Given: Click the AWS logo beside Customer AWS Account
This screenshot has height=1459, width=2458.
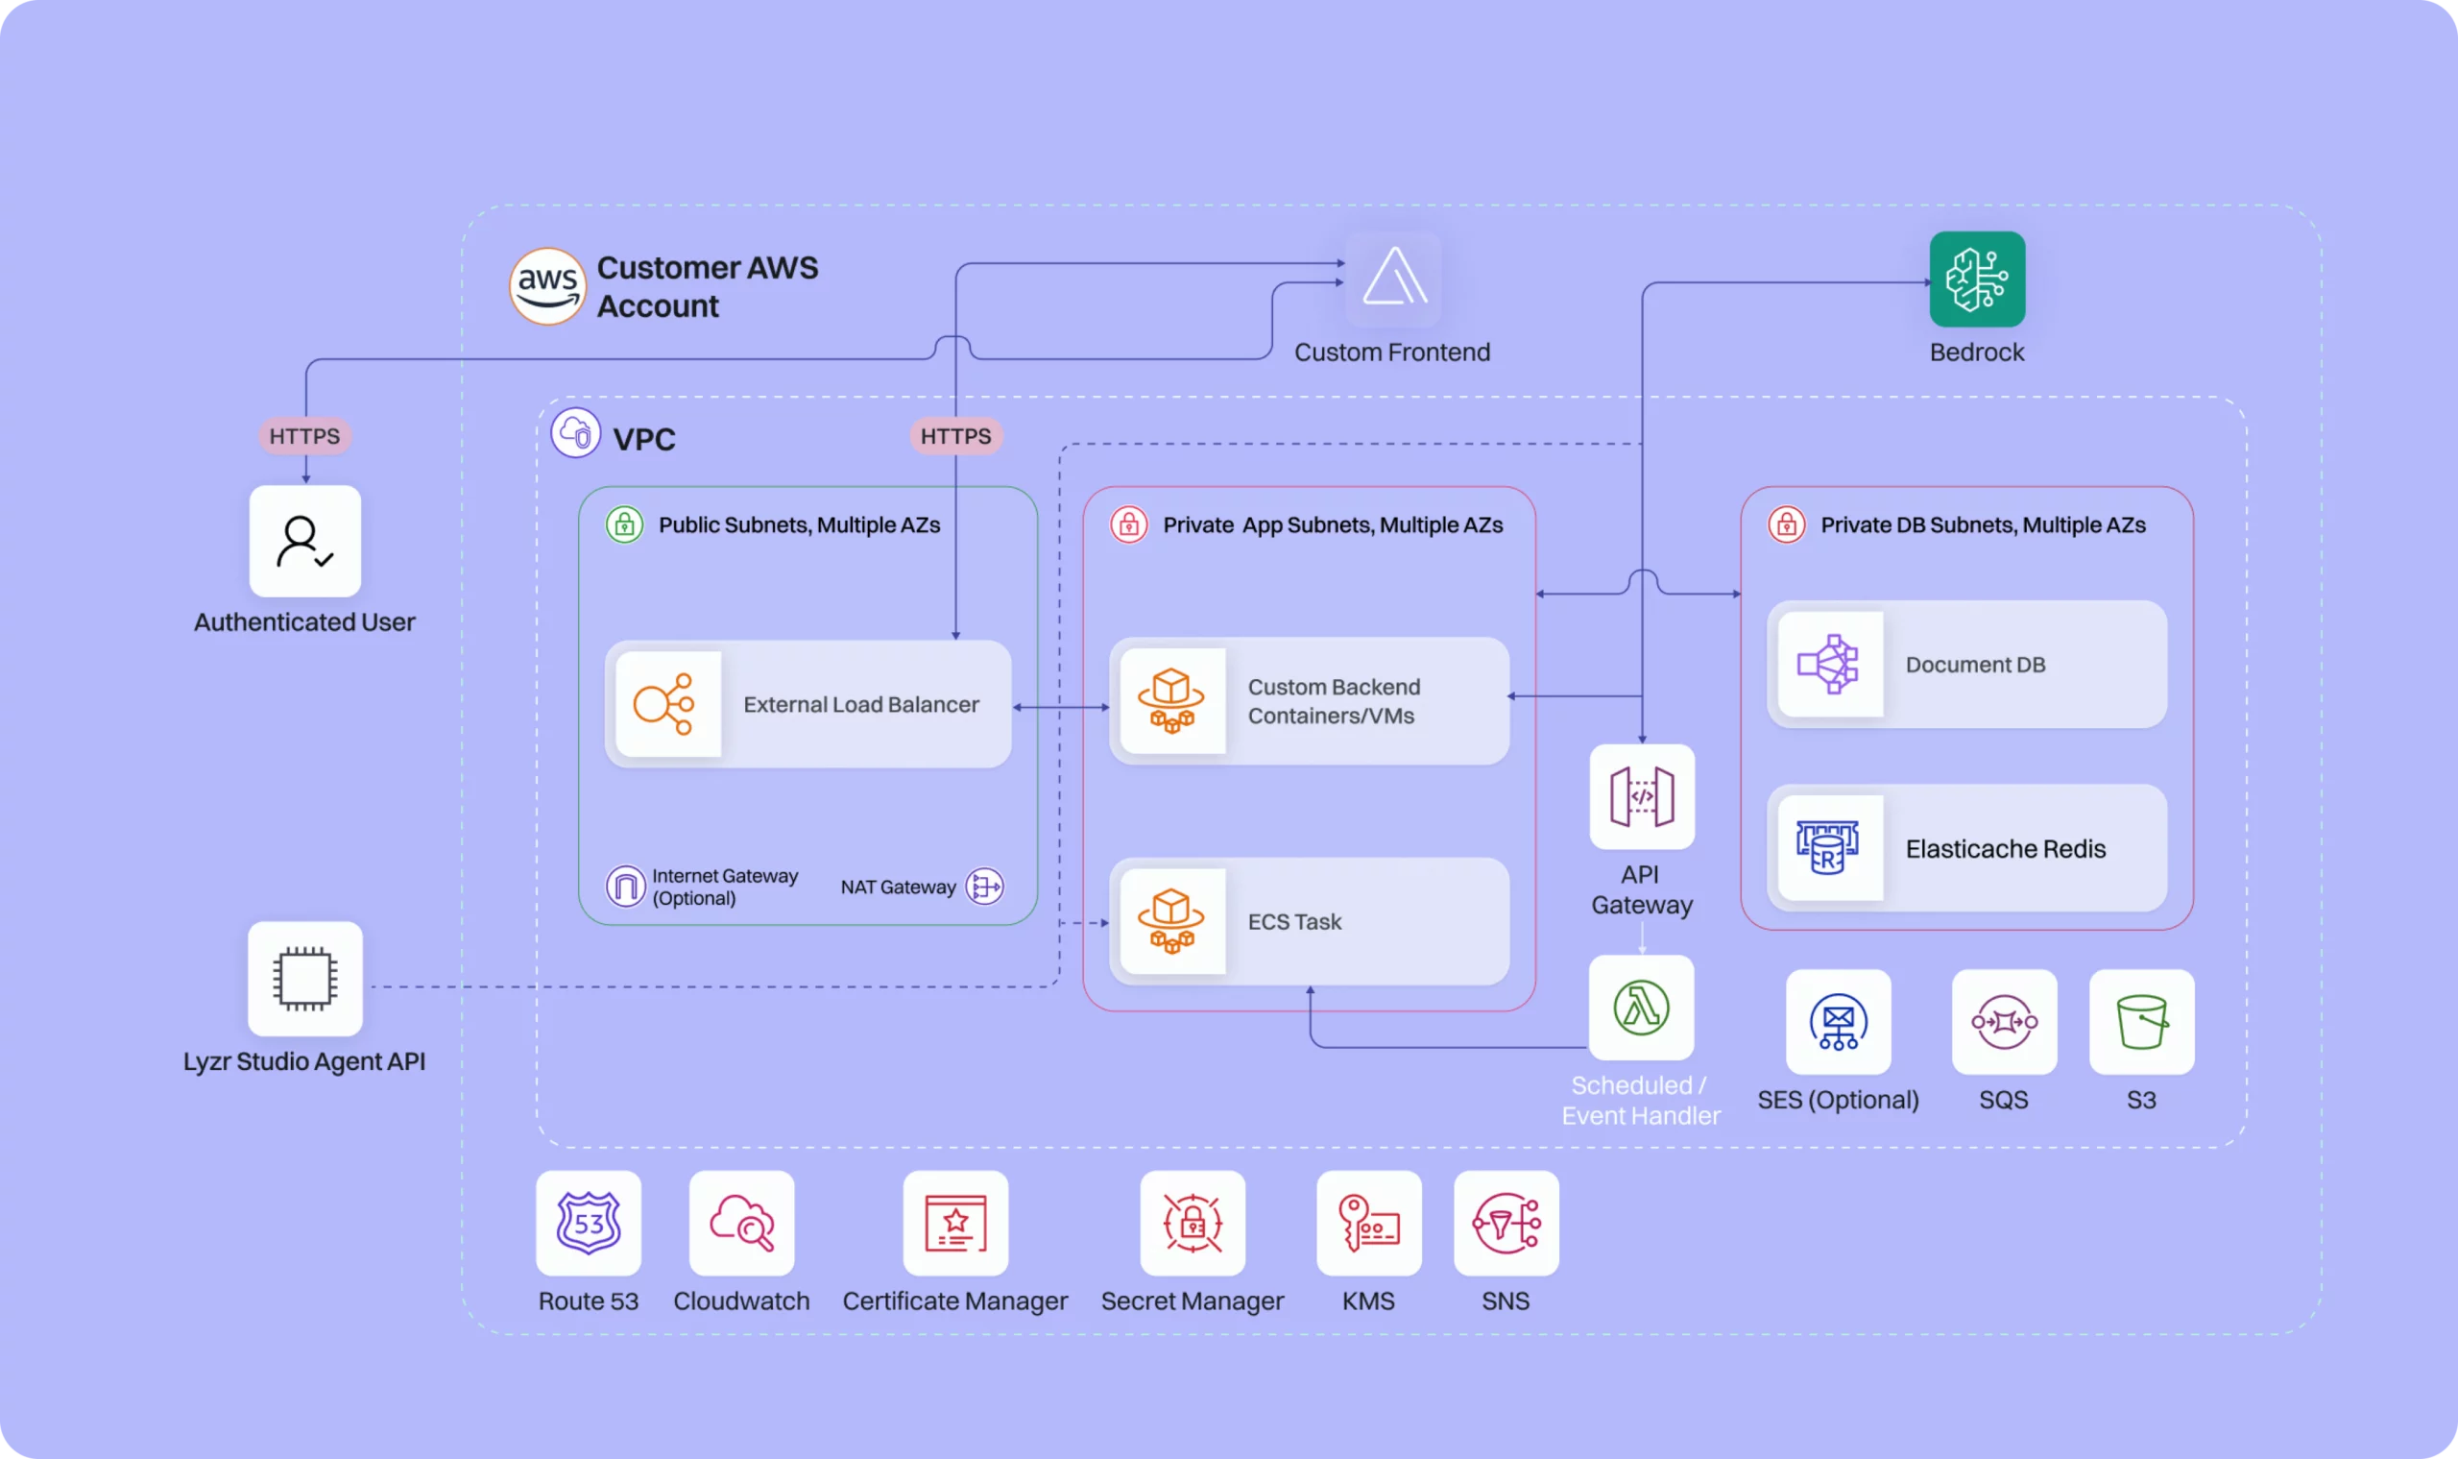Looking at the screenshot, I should pos(547,286).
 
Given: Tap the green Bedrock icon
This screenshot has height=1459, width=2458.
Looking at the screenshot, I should pos(1976,280).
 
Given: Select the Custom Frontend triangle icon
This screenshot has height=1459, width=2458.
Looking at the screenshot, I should pos(1392,279).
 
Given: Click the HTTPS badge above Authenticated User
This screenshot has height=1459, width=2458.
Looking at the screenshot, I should pos(304,435).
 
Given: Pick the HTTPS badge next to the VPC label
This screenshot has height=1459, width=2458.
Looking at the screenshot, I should pos(955,435).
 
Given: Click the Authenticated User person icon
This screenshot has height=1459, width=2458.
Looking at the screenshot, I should pos(304,541).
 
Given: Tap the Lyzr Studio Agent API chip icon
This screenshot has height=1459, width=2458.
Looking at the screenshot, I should pos(304,978).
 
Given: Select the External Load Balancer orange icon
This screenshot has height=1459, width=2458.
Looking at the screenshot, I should pos(665,704).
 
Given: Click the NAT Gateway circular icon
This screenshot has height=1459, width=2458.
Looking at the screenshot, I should pos(985,886).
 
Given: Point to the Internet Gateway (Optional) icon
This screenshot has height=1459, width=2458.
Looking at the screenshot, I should pos(625,886).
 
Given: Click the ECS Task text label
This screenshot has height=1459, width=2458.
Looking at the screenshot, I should pos(1293,921).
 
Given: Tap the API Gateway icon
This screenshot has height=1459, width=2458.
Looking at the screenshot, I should pos(1641,796).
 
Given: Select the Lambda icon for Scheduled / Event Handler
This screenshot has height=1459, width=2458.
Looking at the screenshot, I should pos(1640,1007).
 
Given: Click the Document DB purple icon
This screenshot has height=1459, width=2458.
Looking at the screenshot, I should pos(1828,665).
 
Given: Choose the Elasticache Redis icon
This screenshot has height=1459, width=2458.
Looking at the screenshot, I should pos(1828,847).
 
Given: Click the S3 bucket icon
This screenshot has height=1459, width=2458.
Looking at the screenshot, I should pos(2140,1022).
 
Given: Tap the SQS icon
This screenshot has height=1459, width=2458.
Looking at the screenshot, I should pos(2003,1022).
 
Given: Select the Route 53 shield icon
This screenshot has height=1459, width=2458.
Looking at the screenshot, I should pos(588,1223).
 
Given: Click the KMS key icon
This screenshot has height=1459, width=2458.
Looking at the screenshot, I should pos(1368,1223).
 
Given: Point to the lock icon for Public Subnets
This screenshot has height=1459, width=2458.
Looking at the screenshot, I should pos(624,525).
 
